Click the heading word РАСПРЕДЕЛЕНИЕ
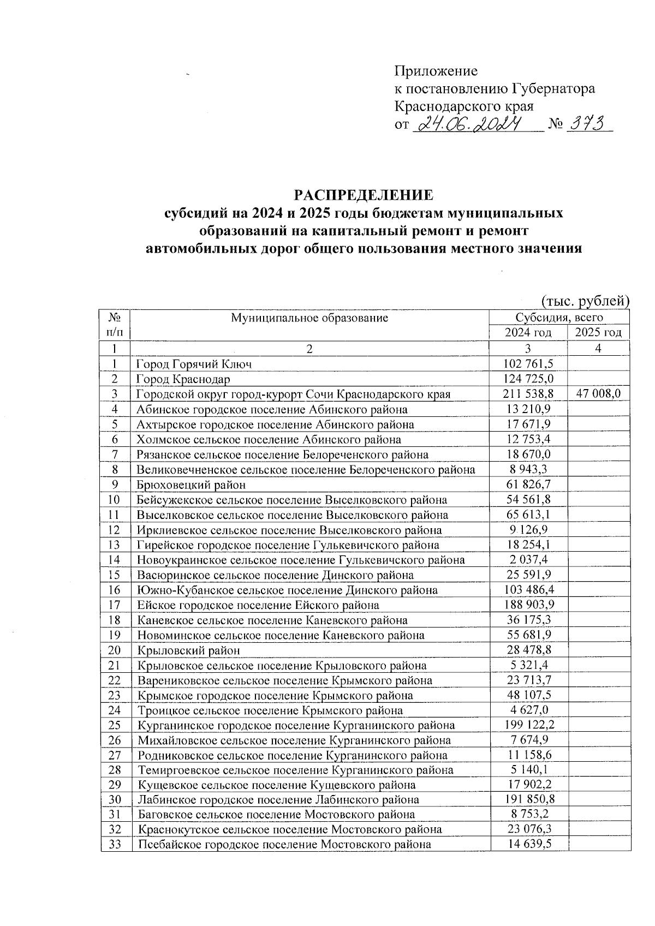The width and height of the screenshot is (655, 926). pyautogui.click(x=364, y=195)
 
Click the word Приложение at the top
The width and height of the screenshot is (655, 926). pyautogui.click(x=436, y=71)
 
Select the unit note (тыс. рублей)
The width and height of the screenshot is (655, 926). pyautogui.click(x=586, y=301)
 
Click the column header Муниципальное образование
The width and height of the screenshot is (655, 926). pyautogui.click(x=309, y=318)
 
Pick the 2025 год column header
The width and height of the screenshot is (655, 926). pyautogui.click(x=599, y=333)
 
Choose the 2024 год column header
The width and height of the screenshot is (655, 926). pyautogui.click(x=528, y=333)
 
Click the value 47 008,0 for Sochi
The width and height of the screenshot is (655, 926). pyautogui.click(x=599, y=394)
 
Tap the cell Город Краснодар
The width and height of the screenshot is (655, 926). pyautogui.click(x=183, y=379)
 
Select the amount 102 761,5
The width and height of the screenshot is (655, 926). pyautogui.click(x=528, y=364)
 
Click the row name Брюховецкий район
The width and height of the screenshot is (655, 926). pyautogui.click(x=191, y=485)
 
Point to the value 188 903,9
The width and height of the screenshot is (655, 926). pyautogui.click(x=528, y=605)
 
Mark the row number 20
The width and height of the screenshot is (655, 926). pyautogui.click(x=115, y=650)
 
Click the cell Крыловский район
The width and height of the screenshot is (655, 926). pyautogui.click(x=188, y=650)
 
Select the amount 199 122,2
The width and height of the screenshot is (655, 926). pyautogui.click(x=528, y=726)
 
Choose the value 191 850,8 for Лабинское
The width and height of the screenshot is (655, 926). pyautogui.click(x=528, y=800)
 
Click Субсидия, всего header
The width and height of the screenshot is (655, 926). pyautogui.click(x=559, y=318)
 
